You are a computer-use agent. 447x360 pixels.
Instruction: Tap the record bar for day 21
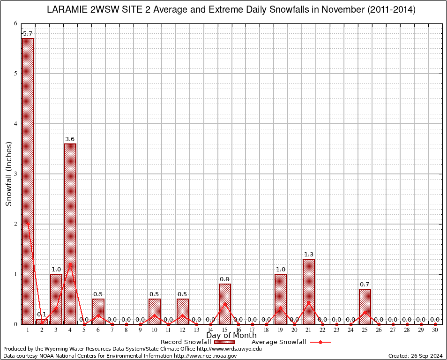(309, 291)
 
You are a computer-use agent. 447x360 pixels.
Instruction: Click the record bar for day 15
(224, 304)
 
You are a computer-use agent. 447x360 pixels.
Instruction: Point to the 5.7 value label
(28, 34)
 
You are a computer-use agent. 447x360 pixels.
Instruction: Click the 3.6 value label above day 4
(70, 139)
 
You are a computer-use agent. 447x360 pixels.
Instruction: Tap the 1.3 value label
(309, 255)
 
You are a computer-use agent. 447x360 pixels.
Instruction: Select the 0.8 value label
(224, 279)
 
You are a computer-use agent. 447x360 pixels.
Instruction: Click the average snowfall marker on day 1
(28, 224)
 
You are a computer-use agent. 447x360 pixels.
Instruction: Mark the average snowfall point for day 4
(70, 263)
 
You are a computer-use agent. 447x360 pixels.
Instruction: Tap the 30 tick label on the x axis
(435, 330)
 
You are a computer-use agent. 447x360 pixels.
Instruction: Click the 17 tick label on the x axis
(253, 330)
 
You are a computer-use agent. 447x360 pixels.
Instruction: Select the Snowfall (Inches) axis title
(8, 174)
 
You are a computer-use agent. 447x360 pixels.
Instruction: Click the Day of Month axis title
(231, 336)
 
